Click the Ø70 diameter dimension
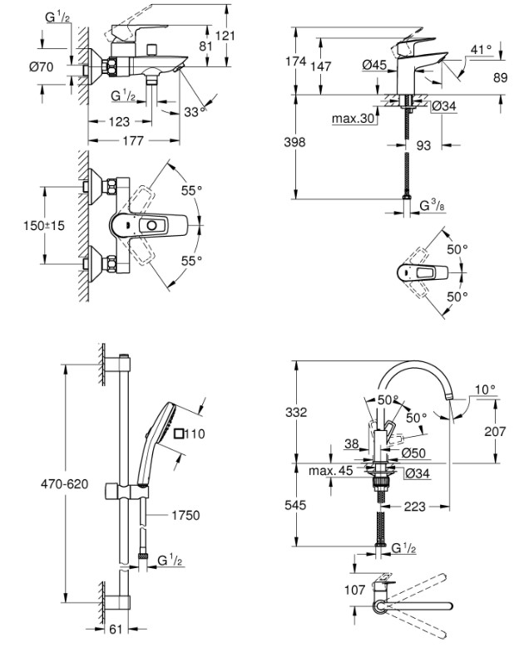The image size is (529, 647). (x=42, y=66)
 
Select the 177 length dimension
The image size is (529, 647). (x=133, y=140)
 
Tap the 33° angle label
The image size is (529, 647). (x=195, y=112)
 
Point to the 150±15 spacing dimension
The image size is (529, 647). (x=44, y=226)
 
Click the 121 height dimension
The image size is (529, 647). (x=225, y=36)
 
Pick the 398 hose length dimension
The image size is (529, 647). (x=294, y=142)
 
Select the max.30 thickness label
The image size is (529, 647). (x=353, y=119)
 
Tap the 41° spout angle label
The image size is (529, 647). (x=482, y=50)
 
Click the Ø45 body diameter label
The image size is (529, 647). (x=374, y=65)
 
